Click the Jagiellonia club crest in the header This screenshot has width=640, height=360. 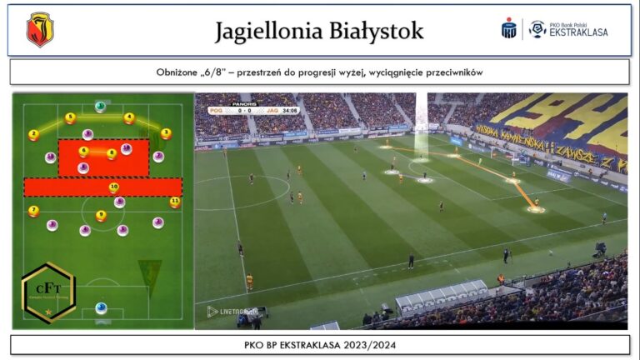[x=39, y=30]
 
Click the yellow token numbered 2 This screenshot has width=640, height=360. [x=33, y=134]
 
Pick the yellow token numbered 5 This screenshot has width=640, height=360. [x=70, y=118]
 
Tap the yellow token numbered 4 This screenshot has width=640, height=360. [x=129, y=118]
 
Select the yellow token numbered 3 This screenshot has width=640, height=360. [x=166, y=133]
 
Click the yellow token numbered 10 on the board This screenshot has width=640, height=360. [x=114, y=187]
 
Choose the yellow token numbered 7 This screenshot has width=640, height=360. [x=33, y=211]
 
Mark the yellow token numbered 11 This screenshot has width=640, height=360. [x=174, y=202]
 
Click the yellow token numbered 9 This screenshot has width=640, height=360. [x=101, y=216]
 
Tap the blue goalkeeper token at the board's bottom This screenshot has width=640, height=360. [x=101, y=308]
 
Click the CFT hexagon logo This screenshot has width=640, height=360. [x=47, y=292]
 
